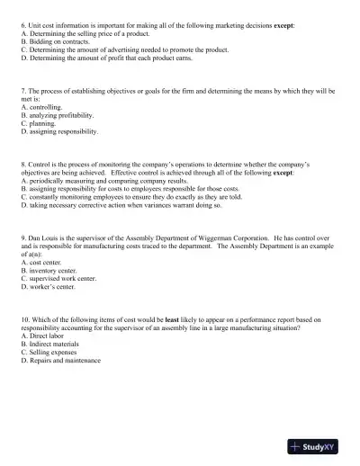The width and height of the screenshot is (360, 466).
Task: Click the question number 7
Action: [x=22, y=91]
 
